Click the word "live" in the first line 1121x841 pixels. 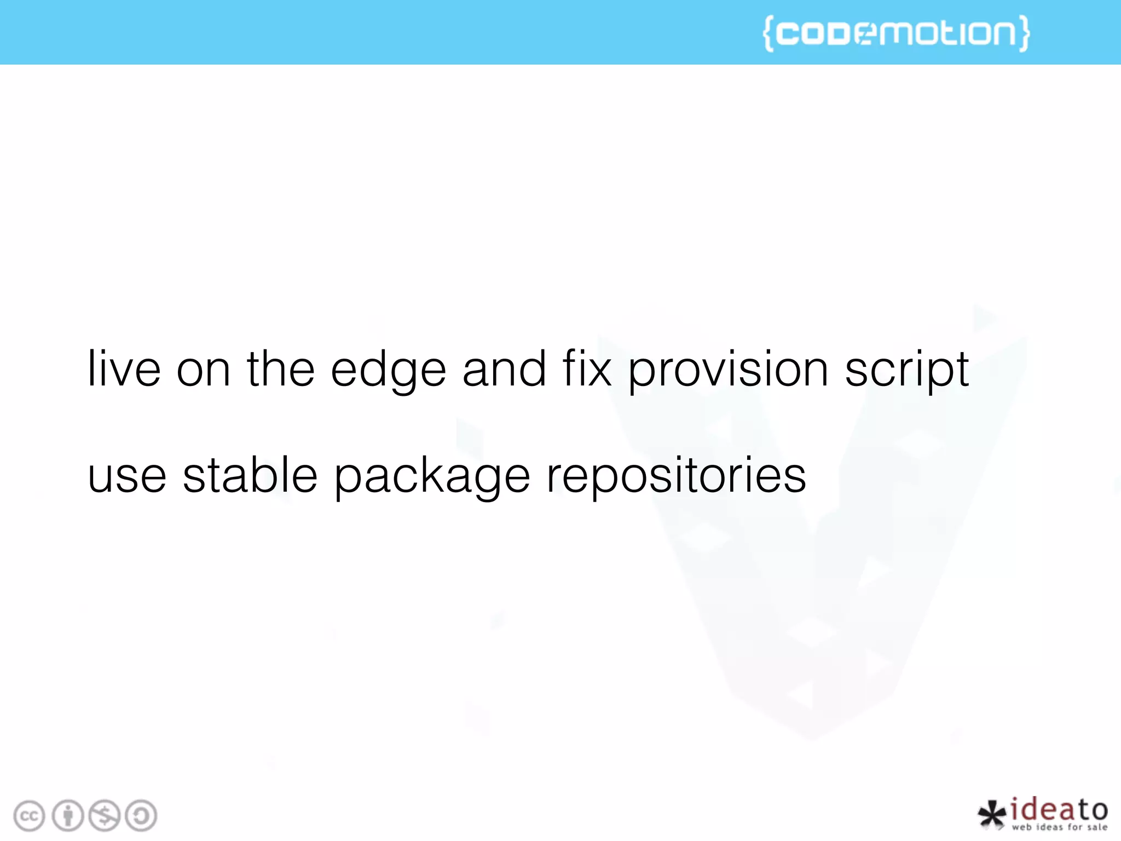[124, 369]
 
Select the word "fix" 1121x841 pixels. [587, 368]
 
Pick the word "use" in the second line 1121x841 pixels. [127, 476]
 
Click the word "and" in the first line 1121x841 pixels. [504, 368]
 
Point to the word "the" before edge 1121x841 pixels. [280, 368]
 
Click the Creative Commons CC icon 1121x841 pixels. [29, 816]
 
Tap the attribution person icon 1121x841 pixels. [68, 816]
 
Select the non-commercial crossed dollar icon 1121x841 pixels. [105, 816]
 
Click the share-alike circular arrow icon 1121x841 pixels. [141, 816]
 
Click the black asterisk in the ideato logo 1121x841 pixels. [992, 814]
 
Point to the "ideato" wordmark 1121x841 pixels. [1059, 810]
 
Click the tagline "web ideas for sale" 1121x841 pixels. [1059, 827]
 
